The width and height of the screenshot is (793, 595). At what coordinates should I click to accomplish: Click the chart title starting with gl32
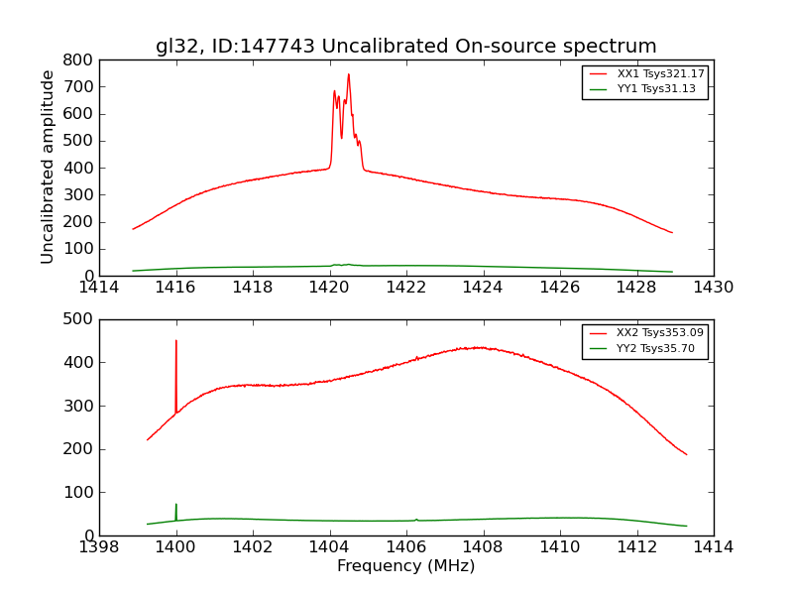[x=405, y=47]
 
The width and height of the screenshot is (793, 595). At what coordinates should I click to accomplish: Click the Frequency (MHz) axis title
[x=405, y=566]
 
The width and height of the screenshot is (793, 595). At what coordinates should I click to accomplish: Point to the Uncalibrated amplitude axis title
[x=48, y=167]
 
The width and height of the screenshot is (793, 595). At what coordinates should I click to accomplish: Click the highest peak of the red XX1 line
[x=348, y=74]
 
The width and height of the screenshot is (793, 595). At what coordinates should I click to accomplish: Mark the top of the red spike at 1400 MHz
[x=176, y=341]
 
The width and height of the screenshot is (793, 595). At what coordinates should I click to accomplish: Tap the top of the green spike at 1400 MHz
[x=176, y=504]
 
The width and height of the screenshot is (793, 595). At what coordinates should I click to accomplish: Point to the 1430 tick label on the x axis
[x=713, y=288]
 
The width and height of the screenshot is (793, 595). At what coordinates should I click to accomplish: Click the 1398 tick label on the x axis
[x=99, y=547]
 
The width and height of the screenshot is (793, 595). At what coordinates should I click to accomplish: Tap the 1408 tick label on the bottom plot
[x=483, y=547]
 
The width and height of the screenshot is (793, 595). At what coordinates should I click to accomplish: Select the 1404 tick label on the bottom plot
[x=329, y=547]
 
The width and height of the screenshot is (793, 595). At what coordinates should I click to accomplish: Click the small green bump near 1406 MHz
[x=416, y=519]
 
